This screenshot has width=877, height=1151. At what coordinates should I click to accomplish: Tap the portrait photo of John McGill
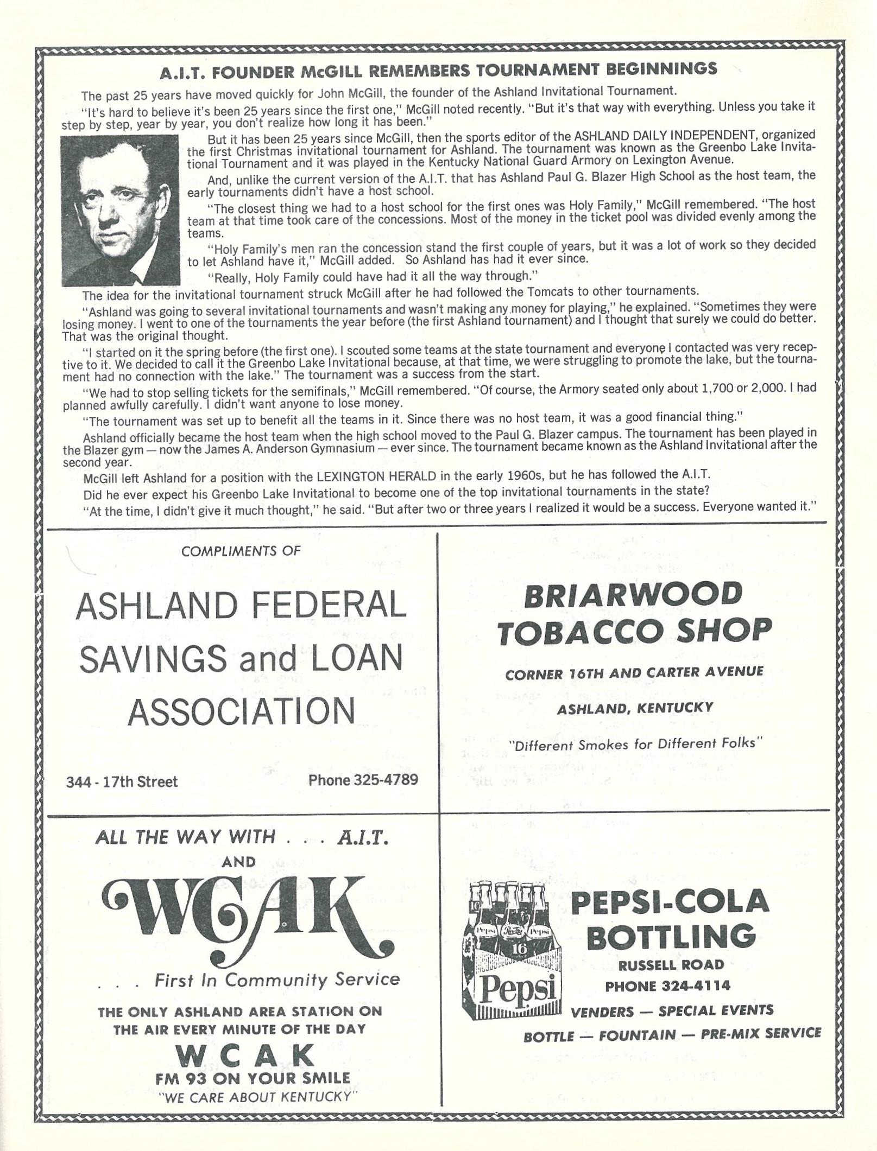pyautogui.click(x=120, y=210)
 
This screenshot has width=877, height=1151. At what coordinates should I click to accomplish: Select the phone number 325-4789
pyautogui.click(x=363, y=780)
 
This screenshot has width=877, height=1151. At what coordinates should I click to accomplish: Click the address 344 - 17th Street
pyautogui.click(x=122, y=781)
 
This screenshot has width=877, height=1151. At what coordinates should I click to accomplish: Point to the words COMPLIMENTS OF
pyautogui.click(x=241, y=551)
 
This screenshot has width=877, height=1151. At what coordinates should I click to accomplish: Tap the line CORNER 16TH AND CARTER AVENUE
pyautogui.click(x=634, y=672)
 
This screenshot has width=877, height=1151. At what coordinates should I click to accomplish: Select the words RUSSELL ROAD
pyautogui.click(x=671, y=964)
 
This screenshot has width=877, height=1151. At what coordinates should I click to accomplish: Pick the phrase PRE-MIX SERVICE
pyautogui.click(x=760, y=1033)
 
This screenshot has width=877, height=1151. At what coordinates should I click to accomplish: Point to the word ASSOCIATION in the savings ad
pyautogui.click(x=241, y=711)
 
